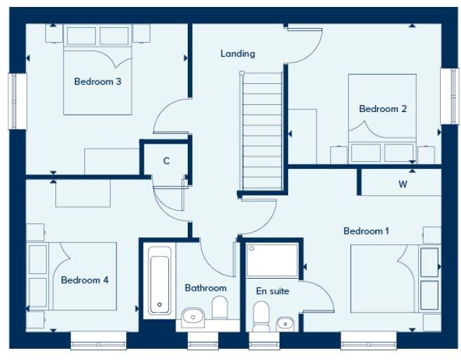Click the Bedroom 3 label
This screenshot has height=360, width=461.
[x=97, y=82]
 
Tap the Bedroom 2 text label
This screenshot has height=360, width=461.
[x=383, y=109]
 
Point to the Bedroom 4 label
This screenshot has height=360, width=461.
[x=84, y=280]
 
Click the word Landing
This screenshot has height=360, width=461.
[x=238, y=53]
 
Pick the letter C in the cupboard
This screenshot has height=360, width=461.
[x=166, y=161]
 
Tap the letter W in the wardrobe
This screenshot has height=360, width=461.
[x=402, y=185]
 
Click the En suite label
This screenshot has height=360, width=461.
[x=273, y=291]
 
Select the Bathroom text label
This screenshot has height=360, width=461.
[x=205, y=288]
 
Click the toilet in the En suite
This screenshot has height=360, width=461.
[x=261, y=316]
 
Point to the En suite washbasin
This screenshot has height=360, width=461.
[x=284, y=323]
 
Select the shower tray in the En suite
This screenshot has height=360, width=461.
[x=273, y=260]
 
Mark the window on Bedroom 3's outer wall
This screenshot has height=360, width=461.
[x=13, y=101]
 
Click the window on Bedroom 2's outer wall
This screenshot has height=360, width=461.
[x=446, y=96]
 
